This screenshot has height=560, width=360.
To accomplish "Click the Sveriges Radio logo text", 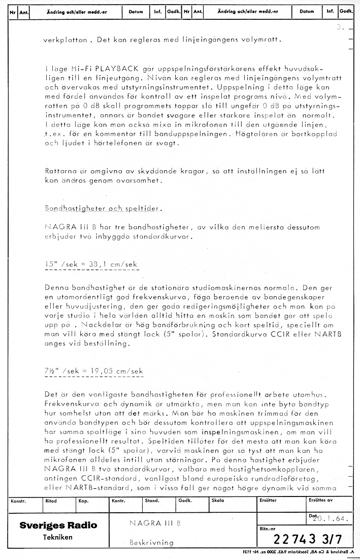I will [x=58, y=525].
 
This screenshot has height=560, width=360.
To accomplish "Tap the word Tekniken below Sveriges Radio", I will [x=57, y=537].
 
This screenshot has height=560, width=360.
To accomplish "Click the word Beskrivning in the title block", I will [x=151, y=542].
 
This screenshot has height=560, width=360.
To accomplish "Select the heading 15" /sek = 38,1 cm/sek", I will [x=91, y=264].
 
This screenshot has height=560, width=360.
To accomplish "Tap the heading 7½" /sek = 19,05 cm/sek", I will [x=93, y=371].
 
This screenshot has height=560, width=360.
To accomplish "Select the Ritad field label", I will [x=51, y=501].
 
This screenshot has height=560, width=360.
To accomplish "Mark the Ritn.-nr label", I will [x=268, y=528].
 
